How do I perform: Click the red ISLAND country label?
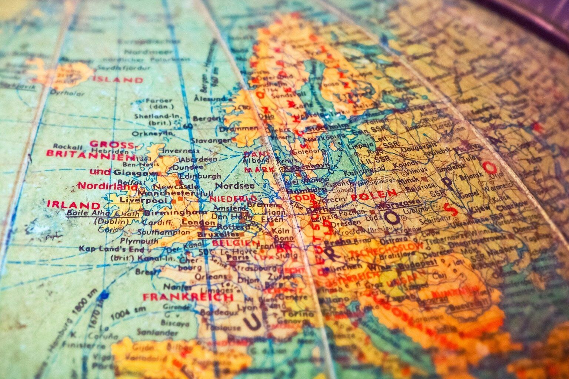click(118, 80)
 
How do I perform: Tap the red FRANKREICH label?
click(188, 297)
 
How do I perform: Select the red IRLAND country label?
click(74, 205)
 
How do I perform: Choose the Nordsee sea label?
click(234, 185)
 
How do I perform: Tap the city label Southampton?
click(163, 232)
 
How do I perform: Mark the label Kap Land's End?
click(111, 249)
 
